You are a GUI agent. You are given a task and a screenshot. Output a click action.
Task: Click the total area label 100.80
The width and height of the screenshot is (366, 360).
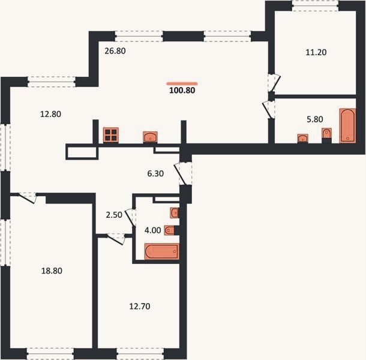pos(182,90)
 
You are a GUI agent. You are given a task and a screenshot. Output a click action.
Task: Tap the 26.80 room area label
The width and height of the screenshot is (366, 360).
pos(115,50)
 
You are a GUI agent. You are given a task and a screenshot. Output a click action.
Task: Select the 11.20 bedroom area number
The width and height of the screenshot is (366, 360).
pos(316,52)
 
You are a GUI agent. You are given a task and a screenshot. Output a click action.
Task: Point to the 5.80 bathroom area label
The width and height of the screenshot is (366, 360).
pos(315,119)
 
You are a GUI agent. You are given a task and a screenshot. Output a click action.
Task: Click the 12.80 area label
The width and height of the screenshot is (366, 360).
pos(50,114)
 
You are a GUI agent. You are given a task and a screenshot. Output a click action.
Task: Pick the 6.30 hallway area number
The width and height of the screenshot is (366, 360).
pos(155,173)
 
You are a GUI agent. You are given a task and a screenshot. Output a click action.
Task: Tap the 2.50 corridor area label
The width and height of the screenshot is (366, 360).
pos(114,215)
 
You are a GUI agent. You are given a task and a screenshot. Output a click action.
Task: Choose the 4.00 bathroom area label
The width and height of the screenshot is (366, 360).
pos(152,230)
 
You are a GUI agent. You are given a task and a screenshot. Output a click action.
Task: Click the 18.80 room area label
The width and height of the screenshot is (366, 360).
pos(52,271)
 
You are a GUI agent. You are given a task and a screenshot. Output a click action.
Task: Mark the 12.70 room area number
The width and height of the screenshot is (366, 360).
pos(140,306)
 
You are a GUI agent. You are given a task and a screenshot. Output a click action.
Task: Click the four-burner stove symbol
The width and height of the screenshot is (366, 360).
pos(111,135)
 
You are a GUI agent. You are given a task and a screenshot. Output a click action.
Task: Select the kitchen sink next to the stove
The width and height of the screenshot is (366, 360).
pos(151,137)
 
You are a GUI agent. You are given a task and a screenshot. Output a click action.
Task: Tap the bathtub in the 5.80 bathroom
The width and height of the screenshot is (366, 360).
pos(347,125)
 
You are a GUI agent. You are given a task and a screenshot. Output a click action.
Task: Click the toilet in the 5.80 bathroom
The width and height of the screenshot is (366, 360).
pos(326,133)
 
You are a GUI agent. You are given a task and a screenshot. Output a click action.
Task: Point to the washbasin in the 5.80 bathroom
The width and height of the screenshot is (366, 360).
pos(303,138)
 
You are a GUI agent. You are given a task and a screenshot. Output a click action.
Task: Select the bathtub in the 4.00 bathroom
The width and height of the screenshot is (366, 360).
pos(162,251)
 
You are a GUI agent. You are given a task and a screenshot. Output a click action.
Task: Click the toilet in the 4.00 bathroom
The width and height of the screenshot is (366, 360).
pos(169,230)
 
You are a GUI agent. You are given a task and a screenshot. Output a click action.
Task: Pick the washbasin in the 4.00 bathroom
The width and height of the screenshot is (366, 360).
pos(175,212)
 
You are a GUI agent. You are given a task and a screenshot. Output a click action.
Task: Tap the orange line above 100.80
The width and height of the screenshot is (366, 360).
pos(182,83)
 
